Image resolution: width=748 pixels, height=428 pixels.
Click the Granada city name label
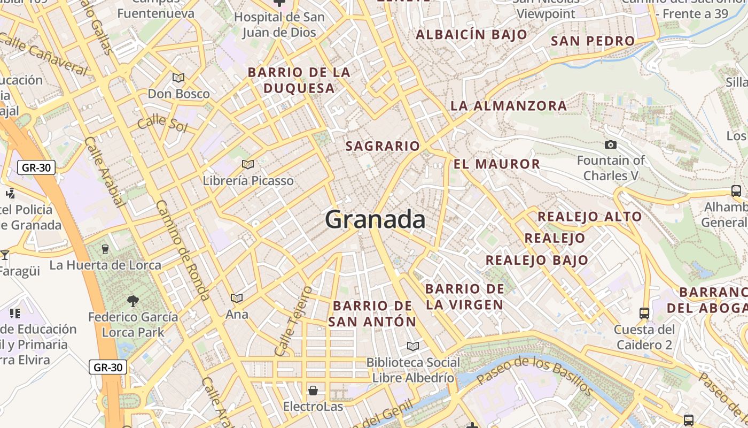click(x=375, y=220)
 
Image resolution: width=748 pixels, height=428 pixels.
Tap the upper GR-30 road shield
click(x=36, y=167)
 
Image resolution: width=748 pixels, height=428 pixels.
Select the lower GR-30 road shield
click(x=108, y=368)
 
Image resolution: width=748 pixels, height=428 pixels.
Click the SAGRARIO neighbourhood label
click(x=383, y=146)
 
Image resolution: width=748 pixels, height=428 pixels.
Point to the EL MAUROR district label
click(x=497, y=164)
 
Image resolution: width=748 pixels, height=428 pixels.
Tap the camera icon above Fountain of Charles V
click(x=610, y=144)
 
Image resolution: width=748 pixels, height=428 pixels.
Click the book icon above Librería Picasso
click(x=247, y=164)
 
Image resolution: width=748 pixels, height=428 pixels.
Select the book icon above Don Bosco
click(x=178, y=78)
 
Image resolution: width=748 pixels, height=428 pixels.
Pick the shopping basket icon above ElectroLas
click(x=313, y=391)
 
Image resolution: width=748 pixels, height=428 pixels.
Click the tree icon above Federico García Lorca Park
click(x=133, y=301)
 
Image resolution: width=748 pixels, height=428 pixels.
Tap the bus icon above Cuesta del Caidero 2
click(x=644, y=313)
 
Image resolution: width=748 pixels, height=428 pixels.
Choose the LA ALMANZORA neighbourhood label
click(x=509, y=106)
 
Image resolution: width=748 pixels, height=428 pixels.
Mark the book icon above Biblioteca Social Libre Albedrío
click(x=412, y=346)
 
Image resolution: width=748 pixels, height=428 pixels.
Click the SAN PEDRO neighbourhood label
click(x=593, y=41)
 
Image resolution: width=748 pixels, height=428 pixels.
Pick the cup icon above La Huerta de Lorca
click(x=105, y=249)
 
